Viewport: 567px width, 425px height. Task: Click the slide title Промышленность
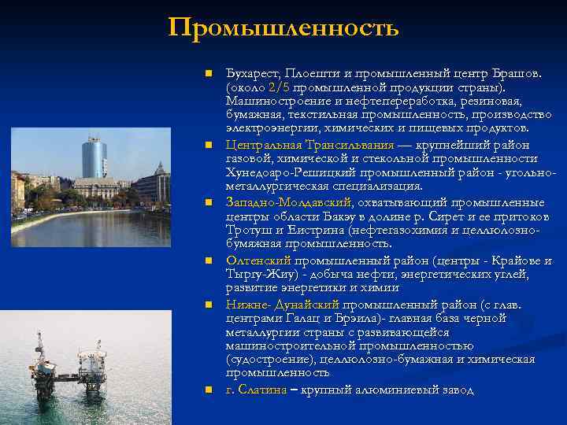(x=283, y=28)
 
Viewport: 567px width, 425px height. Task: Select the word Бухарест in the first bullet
(x=252, y=73)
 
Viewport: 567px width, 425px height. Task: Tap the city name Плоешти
(x=312, y=73)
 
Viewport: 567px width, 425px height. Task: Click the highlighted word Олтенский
(x=258, y=261)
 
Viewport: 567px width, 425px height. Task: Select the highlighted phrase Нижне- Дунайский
(x=283, y=304)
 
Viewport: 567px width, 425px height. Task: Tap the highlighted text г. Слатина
(x=256, y=390)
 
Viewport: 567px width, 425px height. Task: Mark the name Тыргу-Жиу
(x=259, y=275)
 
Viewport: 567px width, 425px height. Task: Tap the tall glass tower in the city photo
(x=94, y=157)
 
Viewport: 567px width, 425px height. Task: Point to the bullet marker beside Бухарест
(x=208, y=73)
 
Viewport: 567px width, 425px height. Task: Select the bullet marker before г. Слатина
(x=208, y=390)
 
